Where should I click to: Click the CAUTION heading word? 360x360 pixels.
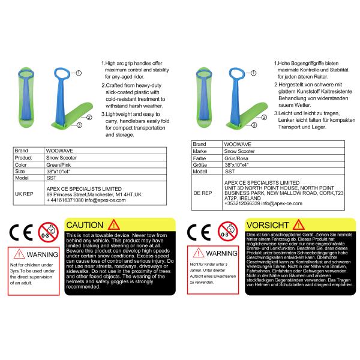point(85,225)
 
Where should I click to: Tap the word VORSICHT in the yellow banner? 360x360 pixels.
point(268,225)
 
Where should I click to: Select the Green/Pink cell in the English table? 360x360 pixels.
point(59,165)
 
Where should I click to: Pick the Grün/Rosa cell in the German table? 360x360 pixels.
point(236,158)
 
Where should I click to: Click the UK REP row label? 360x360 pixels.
point(24,194)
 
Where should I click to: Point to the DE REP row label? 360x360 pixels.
point(203,193)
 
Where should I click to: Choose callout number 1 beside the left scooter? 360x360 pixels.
point(79,73)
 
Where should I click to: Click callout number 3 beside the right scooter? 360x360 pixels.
point(254,125)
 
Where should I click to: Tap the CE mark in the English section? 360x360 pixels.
point(21,232)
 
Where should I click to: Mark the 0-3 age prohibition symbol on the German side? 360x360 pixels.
point(227,232)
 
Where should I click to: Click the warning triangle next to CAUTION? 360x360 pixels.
point(114,225)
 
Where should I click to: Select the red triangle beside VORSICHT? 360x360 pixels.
point(298,225)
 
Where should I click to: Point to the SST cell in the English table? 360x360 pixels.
point(51,178)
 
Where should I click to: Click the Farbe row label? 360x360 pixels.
point(199,158)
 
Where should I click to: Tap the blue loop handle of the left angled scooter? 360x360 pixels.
point(62,73)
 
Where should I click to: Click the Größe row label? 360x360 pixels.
point(200,165)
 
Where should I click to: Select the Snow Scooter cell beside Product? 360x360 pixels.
point(61,158)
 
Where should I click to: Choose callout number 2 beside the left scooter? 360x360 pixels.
point(89,118)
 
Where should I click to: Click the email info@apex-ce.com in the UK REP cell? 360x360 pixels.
point(105,200)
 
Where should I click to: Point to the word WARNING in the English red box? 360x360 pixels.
point(42,254)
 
